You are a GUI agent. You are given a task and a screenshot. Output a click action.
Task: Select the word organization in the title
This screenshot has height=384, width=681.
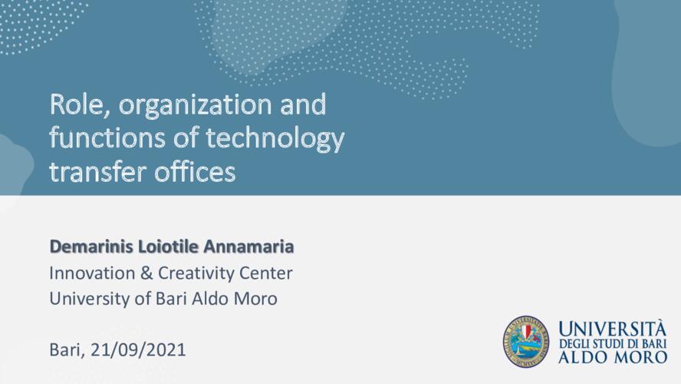click(196, 106)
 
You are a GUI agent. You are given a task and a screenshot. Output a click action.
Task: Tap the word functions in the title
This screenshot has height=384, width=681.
click(107, 137)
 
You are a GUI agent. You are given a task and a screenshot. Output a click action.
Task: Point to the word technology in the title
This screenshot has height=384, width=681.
click(275, 139)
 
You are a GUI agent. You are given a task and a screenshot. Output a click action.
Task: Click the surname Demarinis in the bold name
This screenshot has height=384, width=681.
click(91, 246)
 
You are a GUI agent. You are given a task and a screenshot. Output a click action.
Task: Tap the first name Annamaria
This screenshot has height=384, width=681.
click(248, 246)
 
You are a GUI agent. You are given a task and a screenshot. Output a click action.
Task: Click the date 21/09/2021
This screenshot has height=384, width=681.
click(138, 349)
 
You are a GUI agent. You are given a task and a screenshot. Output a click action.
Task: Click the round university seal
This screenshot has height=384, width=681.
click(526, 341)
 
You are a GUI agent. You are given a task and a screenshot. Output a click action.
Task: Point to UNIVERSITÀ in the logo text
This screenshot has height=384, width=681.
click(612, 329)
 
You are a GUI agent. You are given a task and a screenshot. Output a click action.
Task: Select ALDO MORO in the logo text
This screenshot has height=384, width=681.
click(613, 357)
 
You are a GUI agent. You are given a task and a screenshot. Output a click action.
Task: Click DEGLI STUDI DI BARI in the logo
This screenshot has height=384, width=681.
click(613, 343)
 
